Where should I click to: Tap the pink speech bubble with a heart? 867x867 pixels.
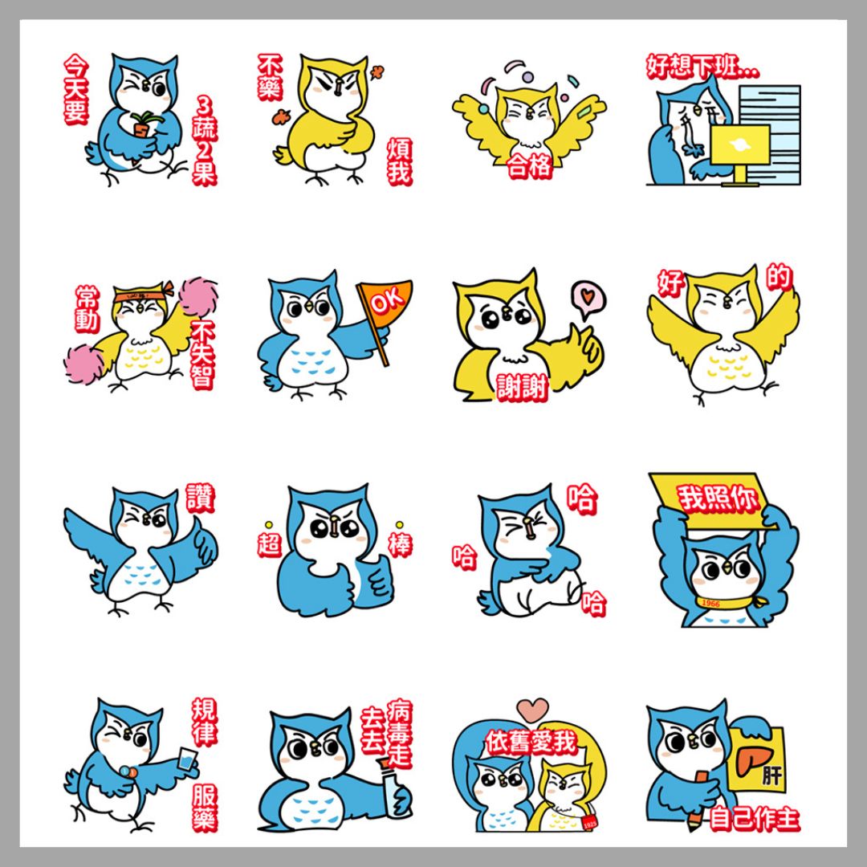[x=588, y=299]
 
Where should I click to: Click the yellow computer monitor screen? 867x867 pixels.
[x=740, y=144]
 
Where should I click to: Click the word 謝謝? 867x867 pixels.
[x=522, y=388]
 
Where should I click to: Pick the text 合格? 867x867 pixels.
[x=529, y=165]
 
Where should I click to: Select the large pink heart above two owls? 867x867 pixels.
[x=533, y=710]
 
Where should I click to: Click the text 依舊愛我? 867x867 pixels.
[x=531, y=742]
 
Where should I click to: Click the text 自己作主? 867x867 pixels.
[x=754, y=819]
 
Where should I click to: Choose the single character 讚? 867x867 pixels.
[x=200, y=498]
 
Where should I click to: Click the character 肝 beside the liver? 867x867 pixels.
[x=772, y=775]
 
